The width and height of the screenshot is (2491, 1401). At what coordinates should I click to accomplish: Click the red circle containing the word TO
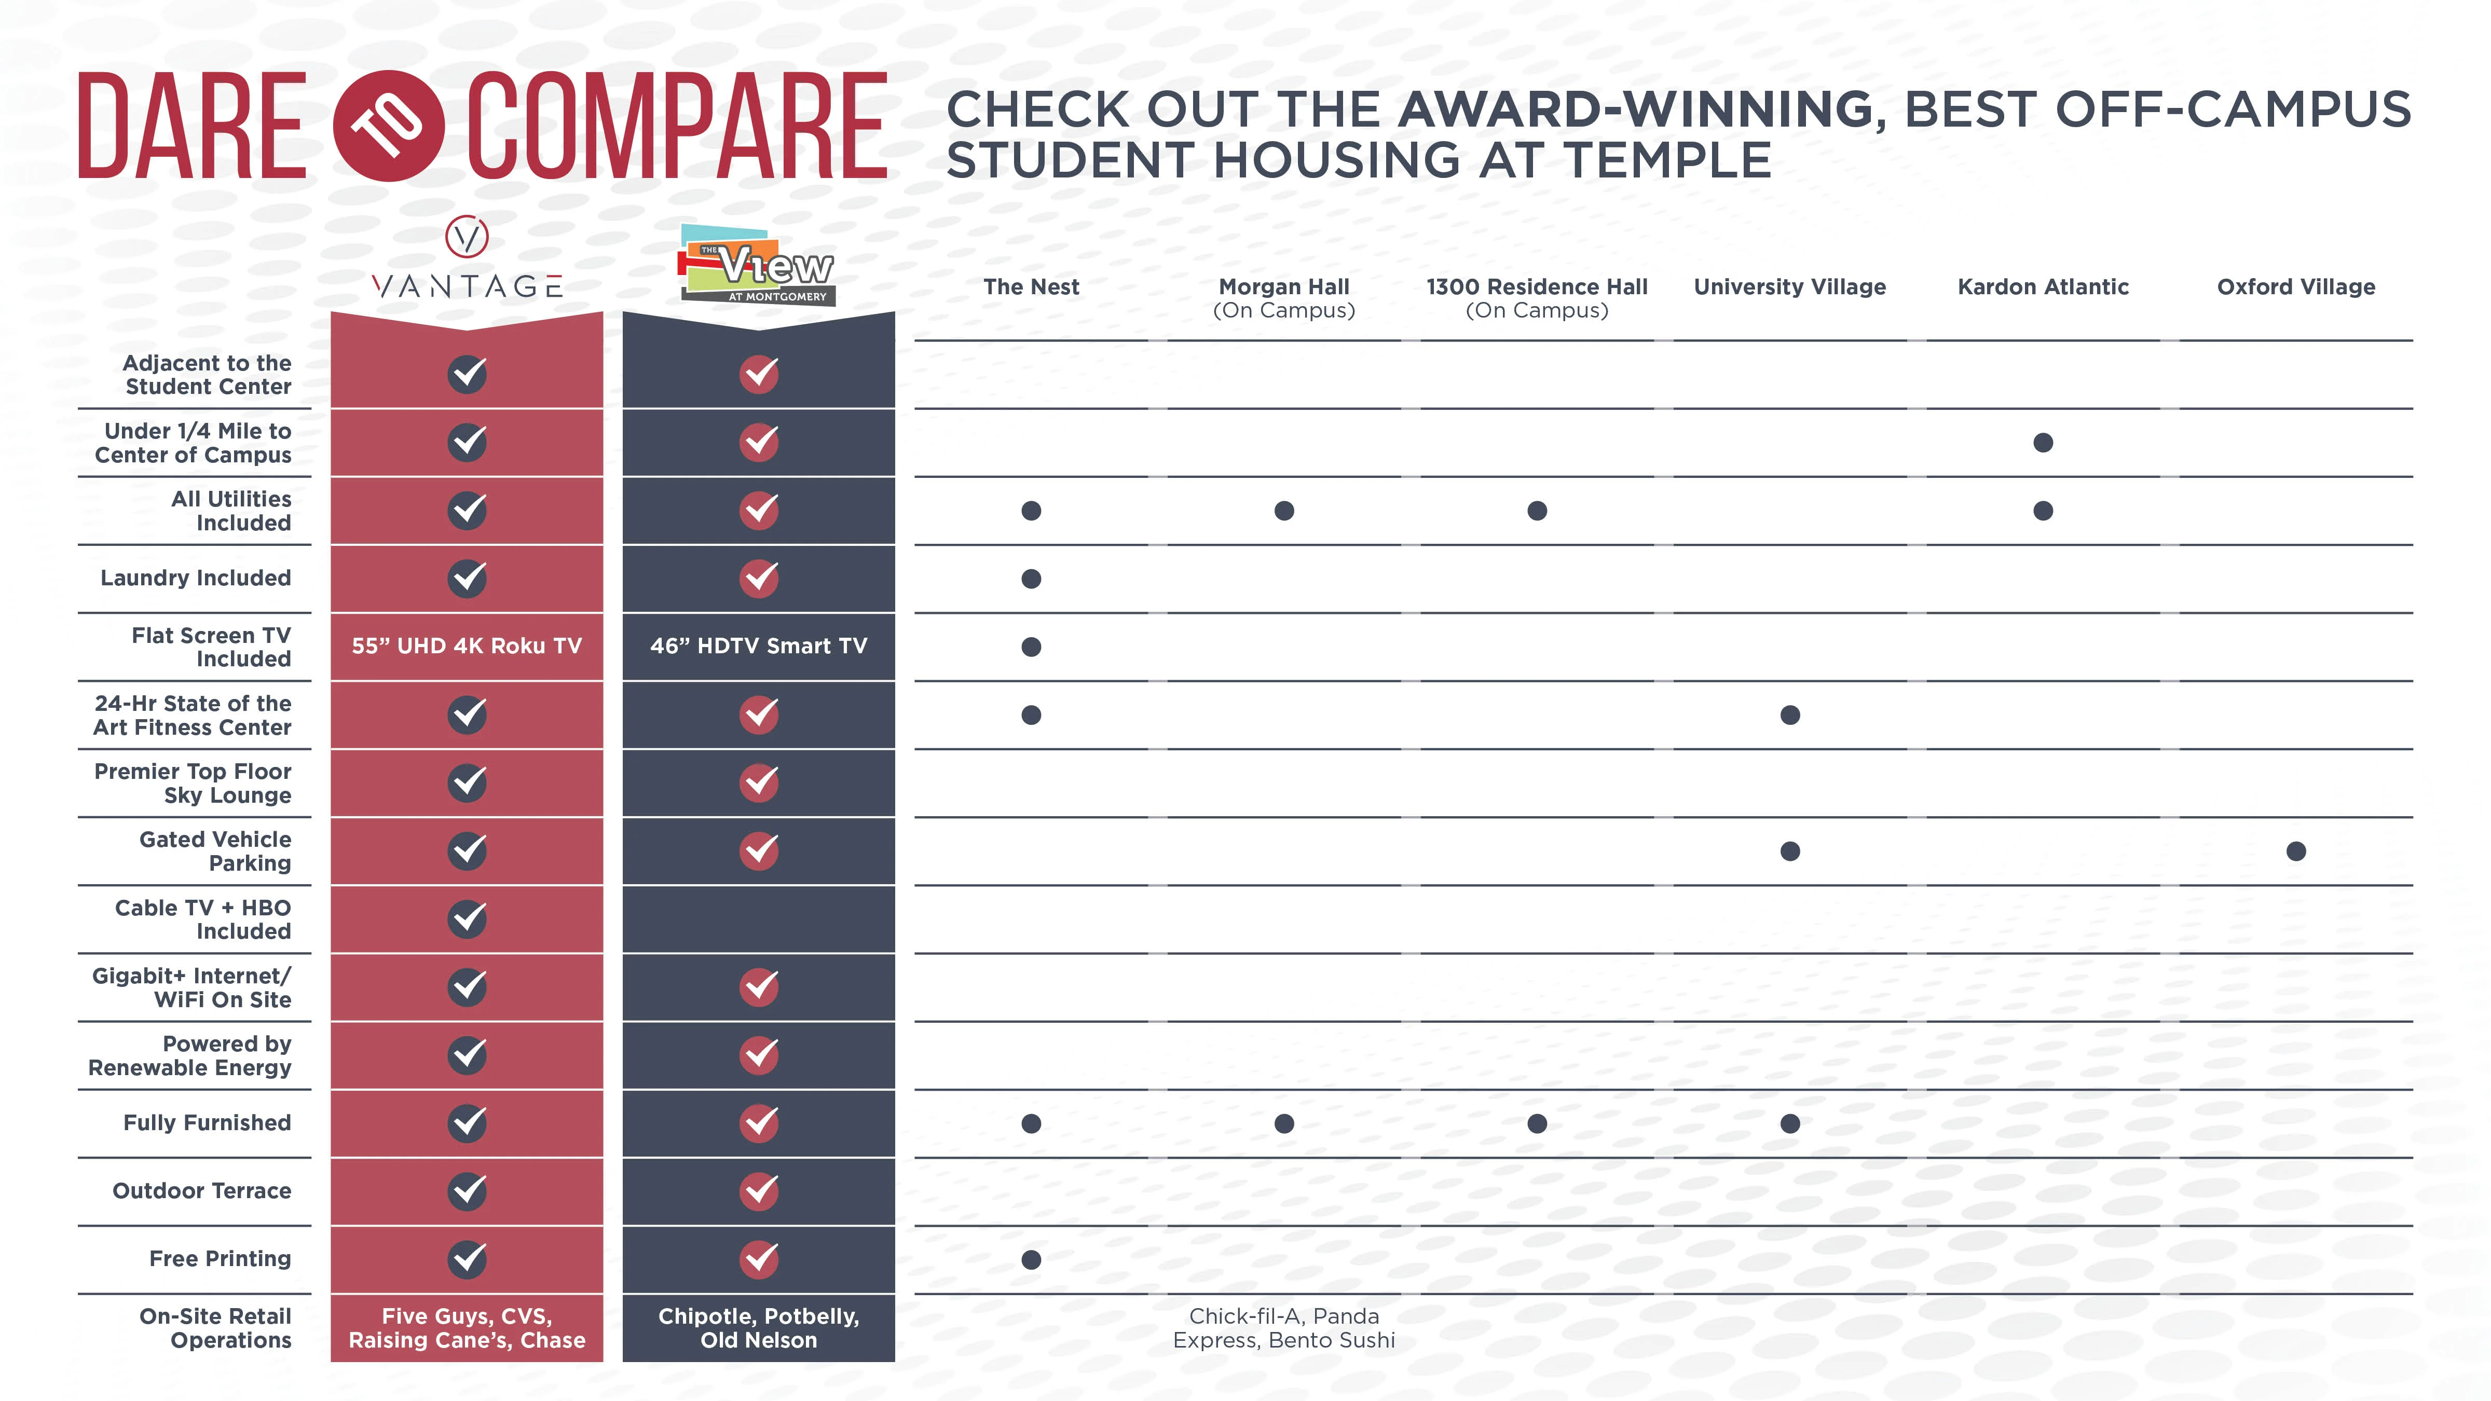[389, 126]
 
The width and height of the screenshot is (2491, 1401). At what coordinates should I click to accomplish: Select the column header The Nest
[1031, 287]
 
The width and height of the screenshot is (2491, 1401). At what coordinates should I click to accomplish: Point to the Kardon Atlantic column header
[2042, 287]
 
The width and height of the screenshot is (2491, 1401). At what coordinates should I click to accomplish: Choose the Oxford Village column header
[2296, 287]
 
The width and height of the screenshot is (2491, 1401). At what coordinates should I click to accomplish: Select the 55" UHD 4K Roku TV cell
[467, 646]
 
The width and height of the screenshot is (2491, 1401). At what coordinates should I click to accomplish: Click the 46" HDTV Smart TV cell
[758, 646]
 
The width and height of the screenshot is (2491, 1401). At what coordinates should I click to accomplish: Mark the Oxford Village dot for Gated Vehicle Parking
[2296, 851]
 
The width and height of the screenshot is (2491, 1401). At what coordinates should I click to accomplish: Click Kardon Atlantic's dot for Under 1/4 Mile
[2042, 443]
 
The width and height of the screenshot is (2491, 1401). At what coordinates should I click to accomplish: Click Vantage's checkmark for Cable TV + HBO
[467, 918]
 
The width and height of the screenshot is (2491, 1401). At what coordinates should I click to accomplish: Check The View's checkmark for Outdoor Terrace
[758, 1191]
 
